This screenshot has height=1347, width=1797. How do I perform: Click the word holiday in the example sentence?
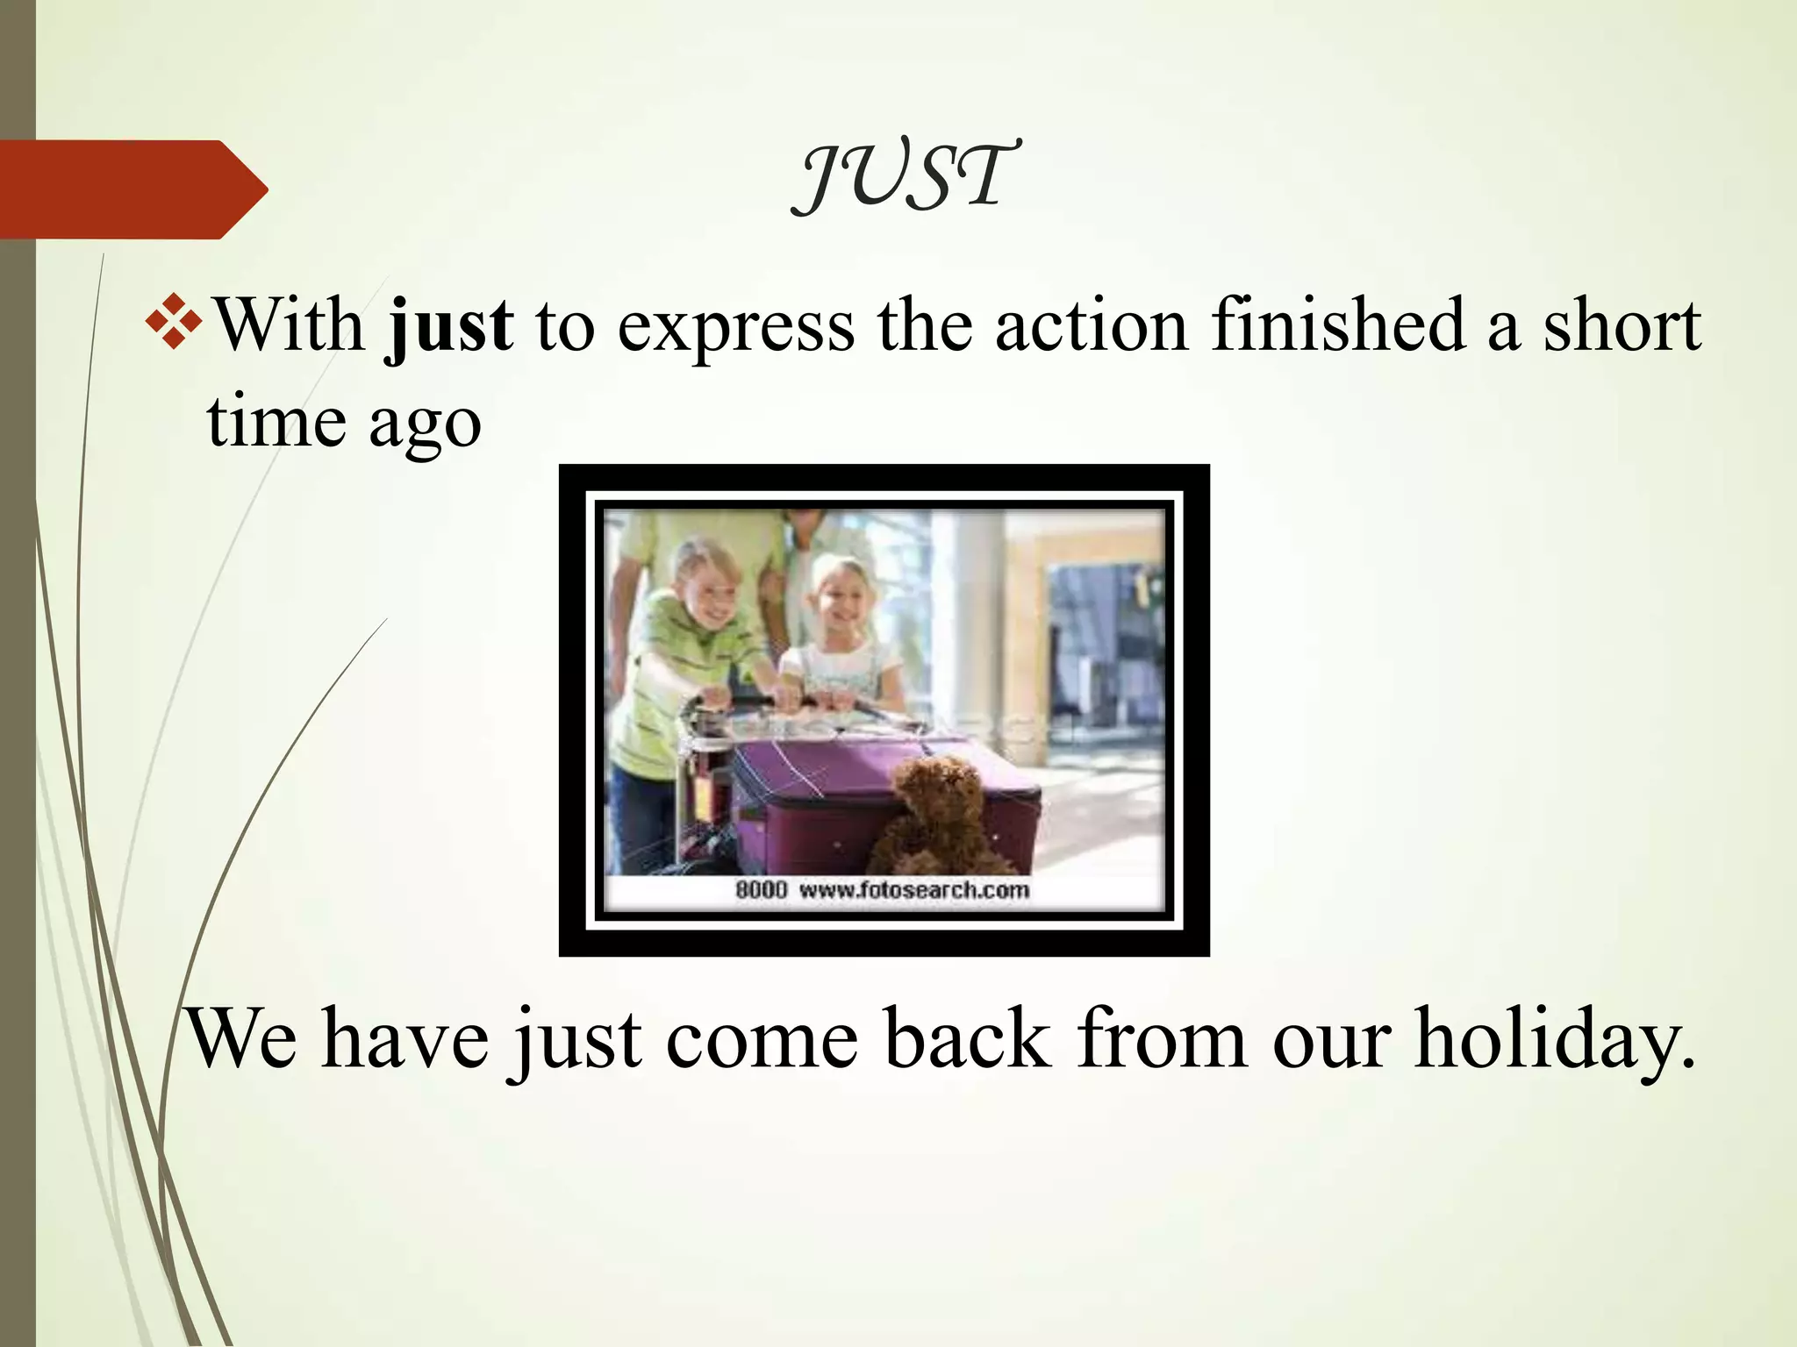click(1553, 1039)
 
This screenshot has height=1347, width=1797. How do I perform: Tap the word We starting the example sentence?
click(242, 1039)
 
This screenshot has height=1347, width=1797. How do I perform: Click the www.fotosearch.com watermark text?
click(913, 890)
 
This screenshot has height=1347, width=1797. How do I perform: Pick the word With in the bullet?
click(290, 324)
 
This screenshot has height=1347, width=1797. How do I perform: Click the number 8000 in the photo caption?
click(761, 890)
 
